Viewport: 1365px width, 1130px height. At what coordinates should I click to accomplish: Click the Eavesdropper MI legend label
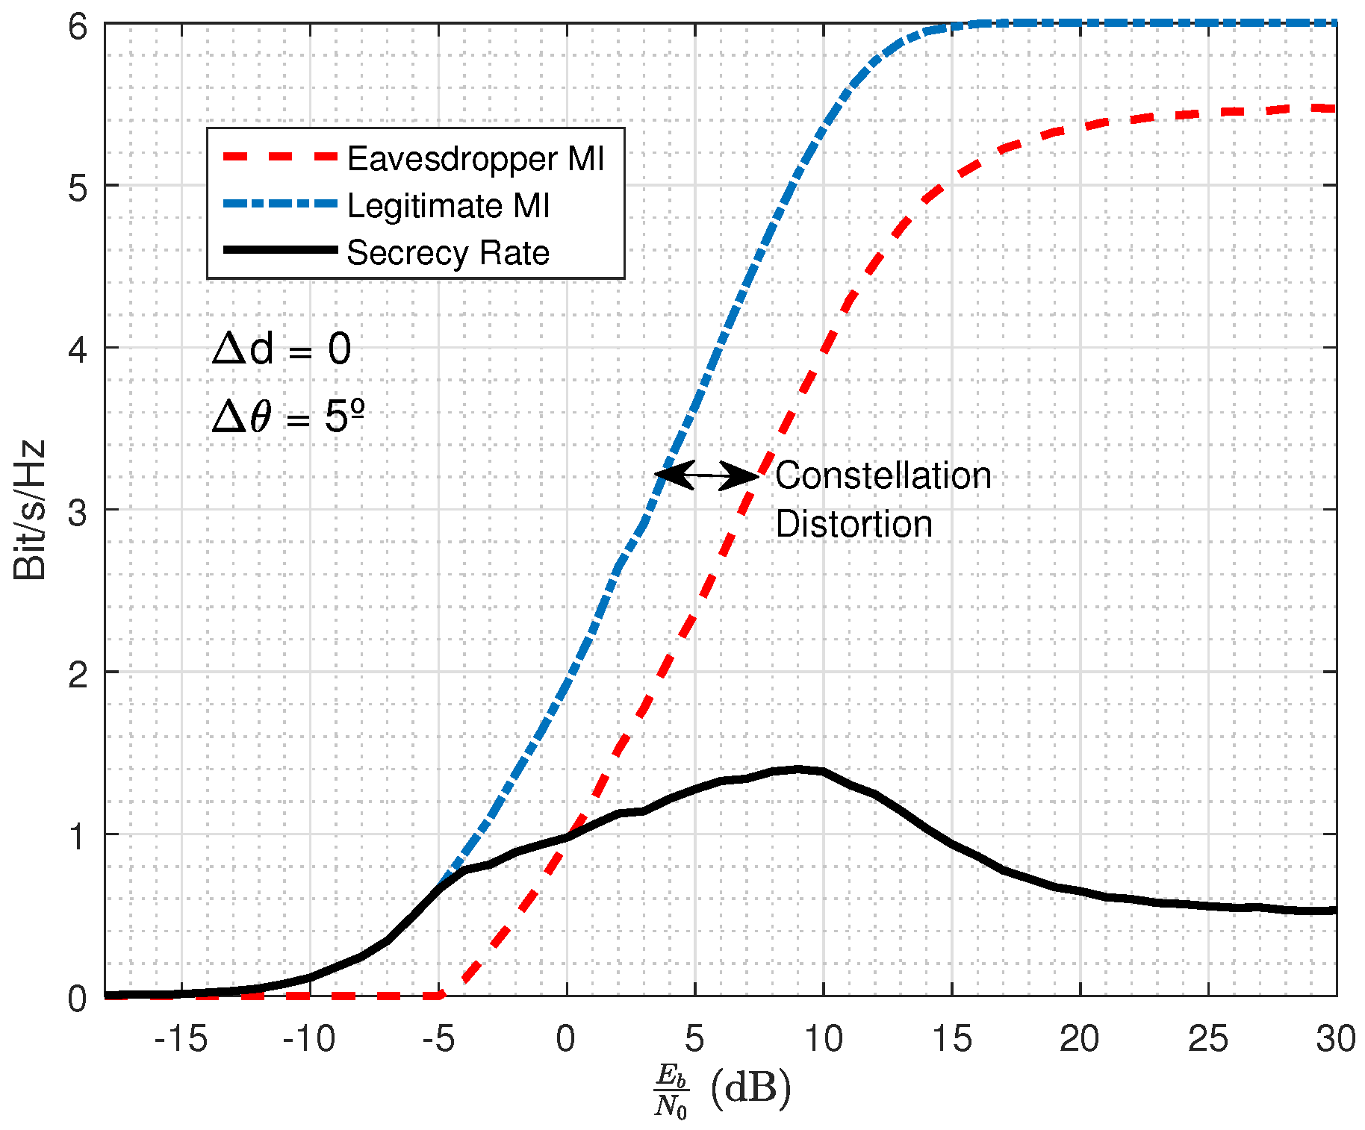475,159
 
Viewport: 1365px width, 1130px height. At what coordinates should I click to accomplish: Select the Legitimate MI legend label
448,206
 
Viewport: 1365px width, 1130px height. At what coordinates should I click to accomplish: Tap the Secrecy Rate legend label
448,253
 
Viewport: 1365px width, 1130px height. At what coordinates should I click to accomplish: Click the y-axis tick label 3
78,512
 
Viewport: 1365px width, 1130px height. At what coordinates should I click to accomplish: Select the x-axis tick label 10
823,1038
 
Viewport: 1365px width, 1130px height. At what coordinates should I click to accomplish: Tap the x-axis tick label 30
1335,1038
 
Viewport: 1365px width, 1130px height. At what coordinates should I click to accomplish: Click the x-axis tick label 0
566,1038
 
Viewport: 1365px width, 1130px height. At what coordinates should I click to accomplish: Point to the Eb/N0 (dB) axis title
721,1090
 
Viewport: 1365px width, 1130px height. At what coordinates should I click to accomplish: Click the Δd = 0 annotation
282,349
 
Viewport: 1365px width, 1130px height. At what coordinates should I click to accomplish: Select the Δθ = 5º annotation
288,416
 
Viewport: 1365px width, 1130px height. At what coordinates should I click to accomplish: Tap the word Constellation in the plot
883,475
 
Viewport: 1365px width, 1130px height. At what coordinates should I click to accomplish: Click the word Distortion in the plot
853,524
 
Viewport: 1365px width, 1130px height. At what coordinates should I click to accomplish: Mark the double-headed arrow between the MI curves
706,475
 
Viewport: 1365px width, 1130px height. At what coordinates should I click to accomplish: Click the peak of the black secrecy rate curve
797,769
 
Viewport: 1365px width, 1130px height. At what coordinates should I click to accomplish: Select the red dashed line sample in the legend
280,157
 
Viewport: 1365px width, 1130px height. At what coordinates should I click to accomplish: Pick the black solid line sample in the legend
280,250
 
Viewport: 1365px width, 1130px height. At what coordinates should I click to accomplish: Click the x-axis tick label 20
1079,1038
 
